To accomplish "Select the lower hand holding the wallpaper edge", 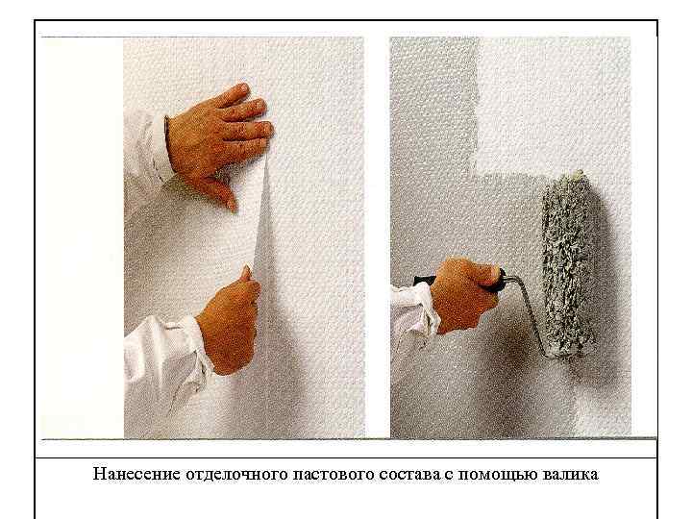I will point(229,322).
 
